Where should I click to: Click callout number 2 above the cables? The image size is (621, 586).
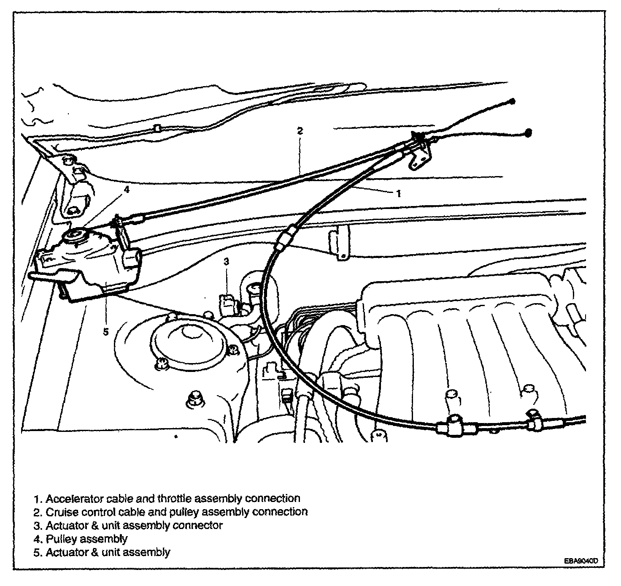tap(300, 130)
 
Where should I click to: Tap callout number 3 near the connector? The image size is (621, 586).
tap(226, 262)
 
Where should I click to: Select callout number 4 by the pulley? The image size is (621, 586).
tap(127, 190)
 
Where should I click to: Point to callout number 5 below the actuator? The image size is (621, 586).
tap(105, 332)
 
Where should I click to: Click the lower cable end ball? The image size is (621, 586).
tap(528, 132)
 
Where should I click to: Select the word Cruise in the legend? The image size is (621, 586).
tap(60, 512)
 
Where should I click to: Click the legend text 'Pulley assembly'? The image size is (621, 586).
tap(86, 539)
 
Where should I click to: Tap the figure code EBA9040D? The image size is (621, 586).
tap(581, 561)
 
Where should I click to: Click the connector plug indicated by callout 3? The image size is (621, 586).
tap(228, 303)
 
